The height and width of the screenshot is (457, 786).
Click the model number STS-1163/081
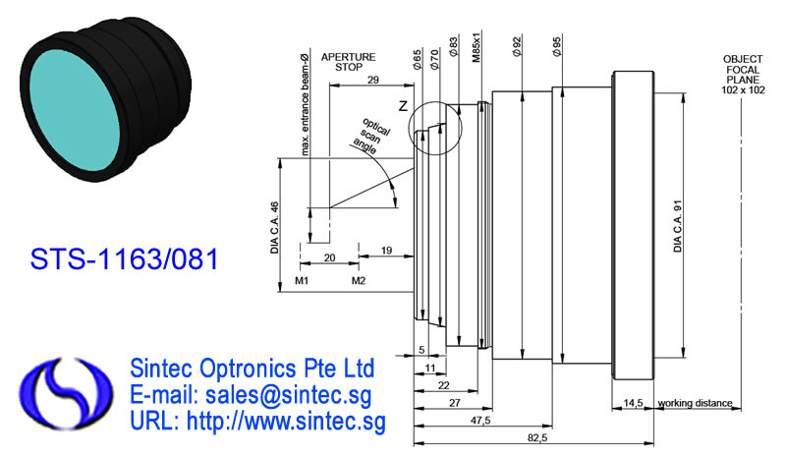click(x=125, y=258)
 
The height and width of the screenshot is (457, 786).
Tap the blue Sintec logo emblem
click(x=66, y=393)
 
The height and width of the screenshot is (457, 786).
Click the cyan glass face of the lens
click(x=76, y=112)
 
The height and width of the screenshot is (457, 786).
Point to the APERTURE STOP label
click(x=349, y=62)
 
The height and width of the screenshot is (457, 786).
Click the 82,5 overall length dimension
click(x=537, y=438)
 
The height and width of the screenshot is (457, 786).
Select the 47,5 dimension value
click(x=480, y=421)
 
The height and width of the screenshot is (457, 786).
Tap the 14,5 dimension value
click(x=633, y=403)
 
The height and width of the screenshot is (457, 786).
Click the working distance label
click(x=695, y=403)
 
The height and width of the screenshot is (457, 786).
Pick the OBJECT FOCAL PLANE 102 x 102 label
click(x=743, y=75)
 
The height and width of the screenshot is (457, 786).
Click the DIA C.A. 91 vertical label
click(x=678, y=226)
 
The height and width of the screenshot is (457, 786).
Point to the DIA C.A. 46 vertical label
click(x=274, y=227)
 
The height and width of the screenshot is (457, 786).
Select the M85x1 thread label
click(x=477, y=45)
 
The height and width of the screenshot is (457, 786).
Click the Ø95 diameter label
click(x=556, y=46)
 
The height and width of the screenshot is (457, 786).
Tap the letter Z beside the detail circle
click(x=403, y=106)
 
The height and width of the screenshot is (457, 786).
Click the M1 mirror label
click(x=302, y=280)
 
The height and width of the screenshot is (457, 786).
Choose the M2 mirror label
click(x=359, y=280)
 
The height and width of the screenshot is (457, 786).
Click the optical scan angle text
click(x=372, y=136)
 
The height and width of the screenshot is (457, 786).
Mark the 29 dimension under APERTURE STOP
click(x=373, y=80)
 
